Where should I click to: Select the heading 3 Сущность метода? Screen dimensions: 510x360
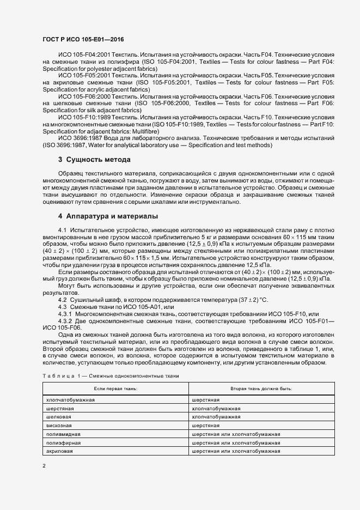(94, 160)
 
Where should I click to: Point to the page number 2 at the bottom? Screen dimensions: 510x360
(44, 466)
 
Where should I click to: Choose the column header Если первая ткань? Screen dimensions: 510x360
(115, 388)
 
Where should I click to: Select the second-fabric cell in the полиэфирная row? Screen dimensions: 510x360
(236, 442)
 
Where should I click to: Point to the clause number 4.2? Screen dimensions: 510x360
(62, 300)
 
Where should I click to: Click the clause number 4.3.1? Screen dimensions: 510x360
(65, 314)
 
